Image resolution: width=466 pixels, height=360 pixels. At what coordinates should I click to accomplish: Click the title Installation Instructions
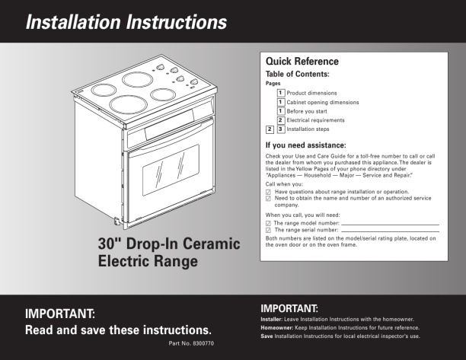pos(126,22)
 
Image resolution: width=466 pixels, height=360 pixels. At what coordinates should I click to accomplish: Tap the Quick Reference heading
pos(302,61)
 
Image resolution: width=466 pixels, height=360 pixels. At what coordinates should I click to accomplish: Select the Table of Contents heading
pos(298,74)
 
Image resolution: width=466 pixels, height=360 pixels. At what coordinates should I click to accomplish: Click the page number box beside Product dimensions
pos(281,93)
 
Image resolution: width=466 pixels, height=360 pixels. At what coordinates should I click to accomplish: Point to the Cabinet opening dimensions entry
pos(322,102)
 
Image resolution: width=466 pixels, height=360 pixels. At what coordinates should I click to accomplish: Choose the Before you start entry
pos(307,111)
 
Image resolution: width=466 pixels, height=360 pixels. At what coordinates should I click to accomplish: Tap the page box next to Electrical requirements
pos(281,120)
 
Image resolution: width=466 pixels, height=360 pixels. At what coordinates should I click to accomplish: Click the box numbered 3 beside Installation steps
pos(281,129)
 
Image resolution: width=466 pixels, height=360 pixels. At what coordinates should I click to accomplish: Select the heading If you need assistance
pos(305,145)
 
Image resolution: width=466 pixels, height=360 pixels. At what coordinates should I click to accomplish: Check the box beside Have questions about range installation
pos(268,193)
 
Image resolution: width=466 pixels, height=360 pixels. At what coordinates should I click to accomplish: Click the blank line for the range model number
pos(390,225)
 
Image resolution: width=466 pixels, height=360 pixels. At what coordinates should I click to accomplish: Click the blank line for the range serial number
pos(390,231)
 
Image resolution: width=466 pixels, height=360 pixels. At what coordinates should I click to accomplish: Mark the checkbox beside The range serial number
pos(268,230)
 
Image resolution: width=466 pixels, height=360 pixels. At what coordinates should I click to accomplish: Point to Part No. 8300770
pos(191,343)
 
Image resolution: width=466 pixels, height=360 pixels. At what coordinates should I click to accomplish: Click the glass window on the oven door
pos(171,170)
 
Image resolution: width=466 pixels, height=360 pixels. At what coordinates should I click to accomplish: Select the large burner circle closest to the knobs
pos(138,80)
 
